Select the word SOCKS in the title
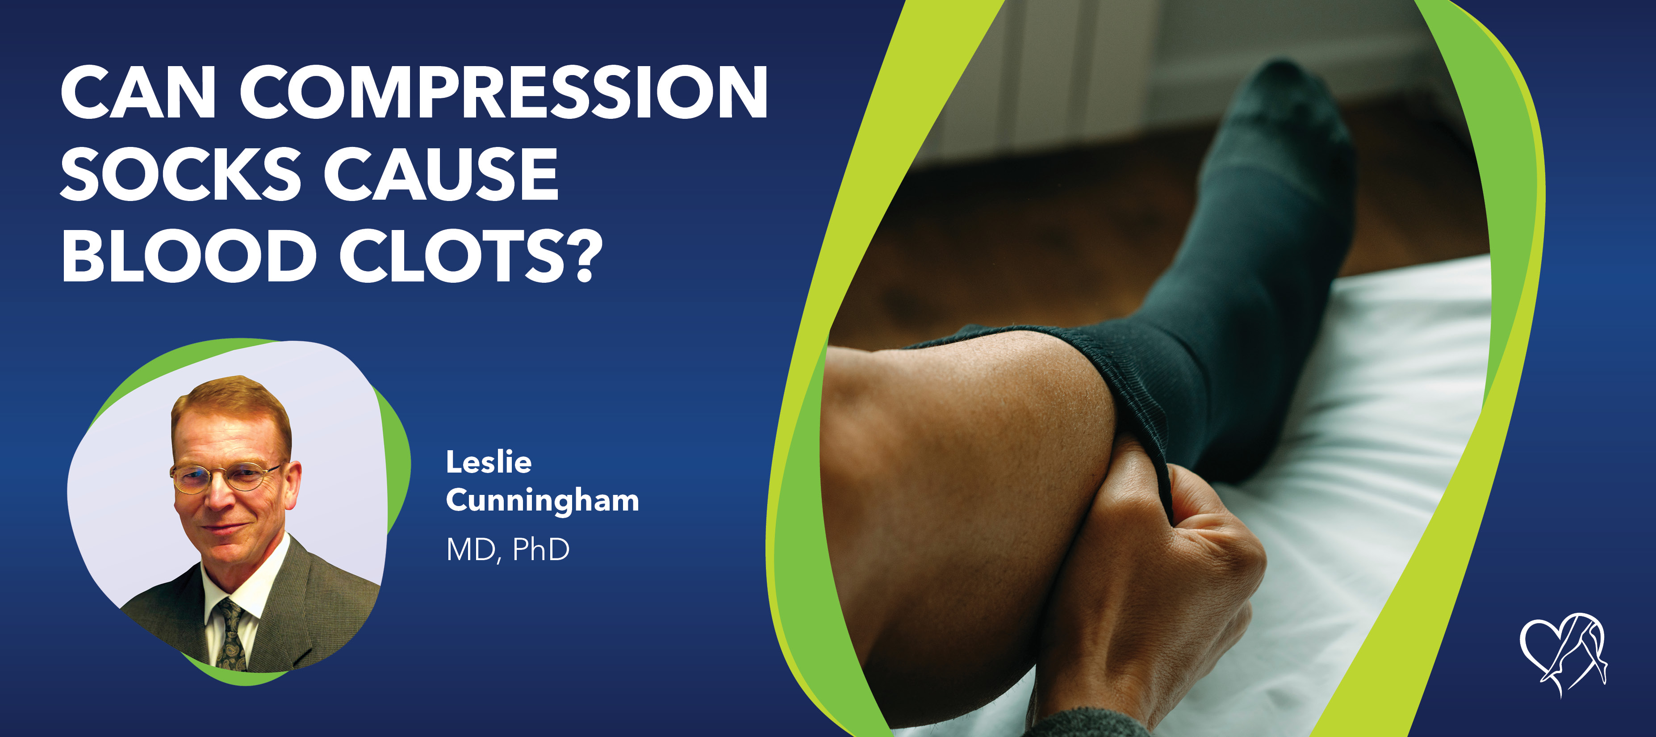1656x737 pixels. pos(180,174)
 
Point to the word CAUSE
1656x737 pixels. pos(441,174)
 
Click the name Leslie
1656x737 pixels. pos(489,462)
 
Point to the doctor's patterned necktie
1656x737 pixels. pos(230,633)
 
